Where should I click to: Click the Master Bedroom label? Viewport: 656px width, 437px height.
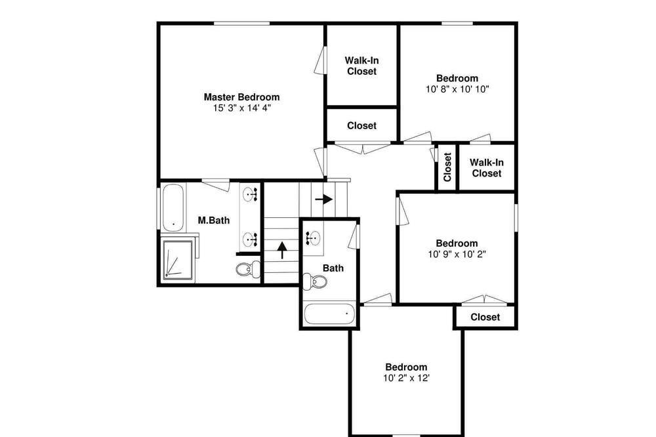pyautogui.click(x=241, y=97)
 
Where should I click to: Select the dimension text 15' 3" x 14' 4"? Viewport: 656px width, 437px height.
pyautogui.click(x=242, y=108)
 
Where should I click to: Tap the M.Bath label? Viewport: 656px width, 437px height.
pyautogui.click(x=213, y=220)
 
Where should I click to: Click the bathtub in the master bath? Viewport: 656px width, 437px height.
pyautogui.click(x=173, y=207)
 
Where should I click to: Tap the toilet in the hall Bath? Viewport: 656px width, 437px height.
pyautogui.click(x=315, y=281)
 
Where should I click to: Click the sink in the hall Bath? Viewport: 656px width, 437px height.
pyautogui.click(x=312, y=238)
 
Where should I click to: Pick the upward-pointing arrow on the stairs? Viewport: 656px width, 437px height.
pyautogui.click(x=282, y=250)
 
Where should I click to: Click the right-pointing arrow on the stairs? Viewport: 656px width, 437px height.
pyautogui.click(x=324, y=199)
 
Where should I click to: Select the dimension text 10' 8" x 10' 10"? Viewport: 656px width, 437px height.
pyautogui.click(x=457, y=89)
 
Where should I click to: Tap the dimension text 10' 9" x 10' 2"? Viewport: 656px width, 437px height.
pyautogui.click(x=457, y=254)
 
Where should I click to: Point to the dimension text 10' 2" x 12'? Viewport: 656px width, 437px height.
pyautogui.click(x=406, y=378)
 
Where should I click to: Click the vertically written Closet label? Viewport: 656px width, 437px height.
pyautogui.click(x=447, y=167)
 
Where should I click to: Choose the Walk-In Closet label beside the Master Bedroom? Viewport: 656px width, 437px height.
pyautogui.click(x=362, y=66)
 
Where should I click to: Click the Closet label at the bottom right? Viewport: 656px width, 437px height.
pyautogui.click(x=485, y=318)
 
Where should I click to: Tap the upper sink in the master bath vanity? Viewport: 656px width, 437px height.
pyautogui.click(x=249, y=194)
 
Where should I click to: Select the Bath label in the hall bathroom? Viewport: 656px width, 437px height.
pyautogui.click(x=333, y=268)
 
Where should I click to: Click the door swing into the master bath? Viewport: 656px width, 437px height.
pyautogui.click(x=216, y=184)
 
